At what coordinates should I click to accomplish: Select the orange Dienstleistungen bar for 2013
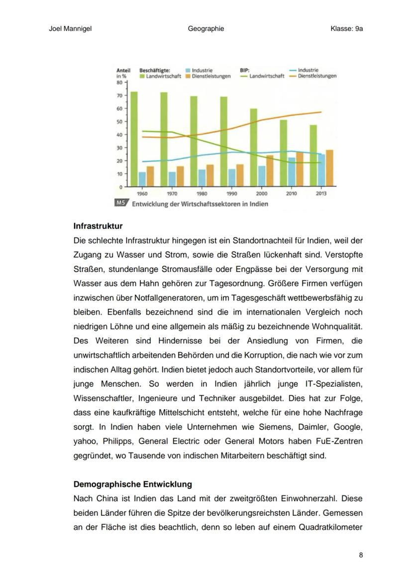[x=329, y=168]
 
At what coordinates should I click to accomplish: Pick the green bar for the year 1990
[x=224, y=141]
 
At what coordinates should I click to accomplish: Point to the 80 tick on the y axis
[x=120, y=83]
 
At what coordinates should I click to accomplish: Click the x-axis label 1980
[x=202, y=194]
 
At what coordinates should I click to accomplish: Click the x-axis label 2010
[x=292, y=194]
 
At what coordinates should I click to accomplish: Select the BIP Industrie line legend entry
[x=308, y=70]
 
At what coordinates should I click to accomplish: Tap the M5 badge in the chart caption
[x=121, y=203]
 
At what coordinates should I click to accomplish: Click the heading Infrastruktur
[x=98, y=226]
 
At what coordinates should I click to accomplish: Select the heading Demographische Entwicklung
[x=132, y=484]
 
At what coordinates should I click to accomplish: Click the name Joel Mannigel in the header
[x=70, y=28]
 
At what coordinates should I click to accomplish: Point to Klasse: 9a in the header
[x=346, y=28]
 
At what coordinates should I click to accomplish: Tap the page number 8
[x=361, y=555]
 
